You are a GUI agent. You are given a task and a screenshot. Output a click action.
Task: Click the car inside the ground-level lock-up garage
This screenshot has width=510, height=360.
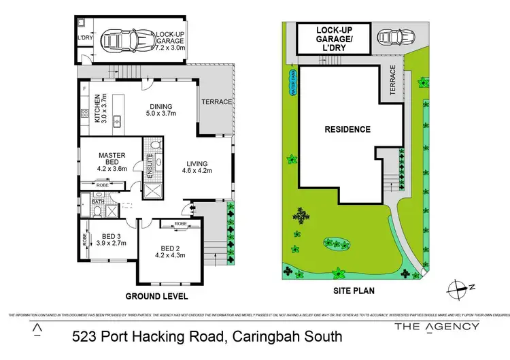click(x=118, y=42)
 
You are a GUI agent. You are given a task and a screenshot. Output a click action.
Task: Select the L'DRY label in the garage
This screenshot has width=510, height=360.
click(x=84, y=37)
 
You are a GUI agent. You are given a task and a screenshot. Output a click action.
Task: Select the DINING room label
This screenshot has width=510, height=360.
click(x=159, y=106)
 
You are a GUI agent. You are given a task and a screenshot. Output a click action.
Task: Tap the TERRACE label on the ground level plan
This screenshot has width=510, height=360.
click(x=217, y=102)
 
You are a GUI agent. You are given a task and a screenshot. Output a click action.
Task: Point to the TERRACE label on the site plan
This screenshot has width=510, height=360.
click(x=392, y=79)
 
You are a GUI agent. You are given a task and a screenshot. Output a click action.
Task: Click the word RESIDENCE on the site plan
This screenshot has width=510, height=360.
click(x=347, y=129)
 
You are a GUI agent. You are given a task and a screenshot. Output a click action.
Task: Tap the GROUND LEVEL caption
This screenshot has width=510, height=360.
click(x=156, y=297)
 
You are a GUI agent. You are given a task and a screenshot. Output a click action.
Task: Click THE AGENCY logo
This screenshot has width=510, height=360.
click(x=437, y=327)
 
